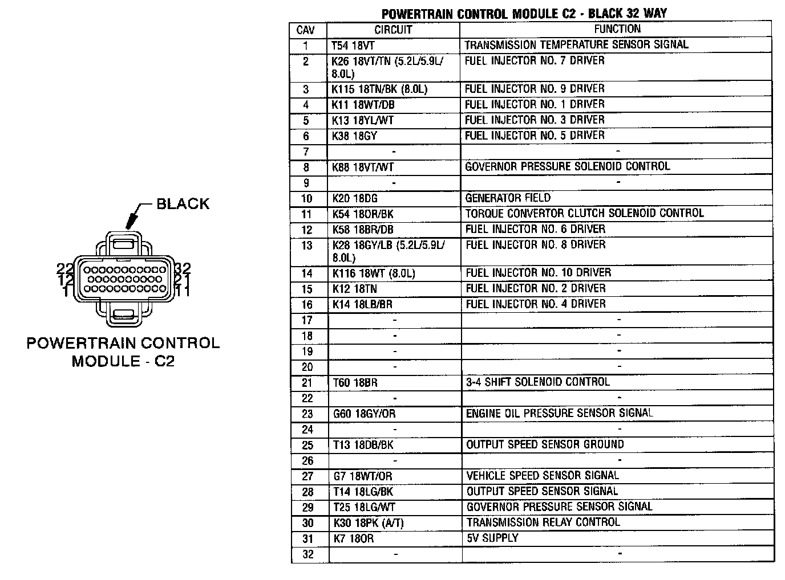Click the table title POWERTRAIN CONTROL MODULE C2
[x=524, y=14]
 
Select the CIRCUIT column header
[x=393, y=30]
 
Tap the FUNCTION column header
[x=617, y=29]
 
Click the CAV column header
[x=306, y=30]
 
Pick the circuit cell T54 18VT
[x=353, y=46]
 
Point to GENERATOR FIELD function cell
[x=508, y=198]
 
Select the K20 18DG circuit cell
[x=354, y=199]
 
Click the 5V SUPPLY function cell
[x=492, y=538]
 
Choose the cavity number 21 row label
[x=307, y=383]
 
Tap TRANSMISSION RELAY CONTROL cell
[x=543, y=522]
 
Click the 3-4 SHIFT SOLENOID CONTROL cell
[x=537, y=382]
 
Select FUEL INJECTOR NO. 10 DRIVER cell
[x=538, y=273]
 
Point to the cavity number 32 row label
[x=307, y=554]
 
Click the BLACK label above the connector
[x=183, y=204]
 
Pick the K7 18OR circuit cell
[x=353, y=538]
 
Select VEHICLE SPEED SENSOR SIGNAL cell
[x=542, y=476]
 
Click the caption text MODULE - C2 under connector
[x=123, y=361]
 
